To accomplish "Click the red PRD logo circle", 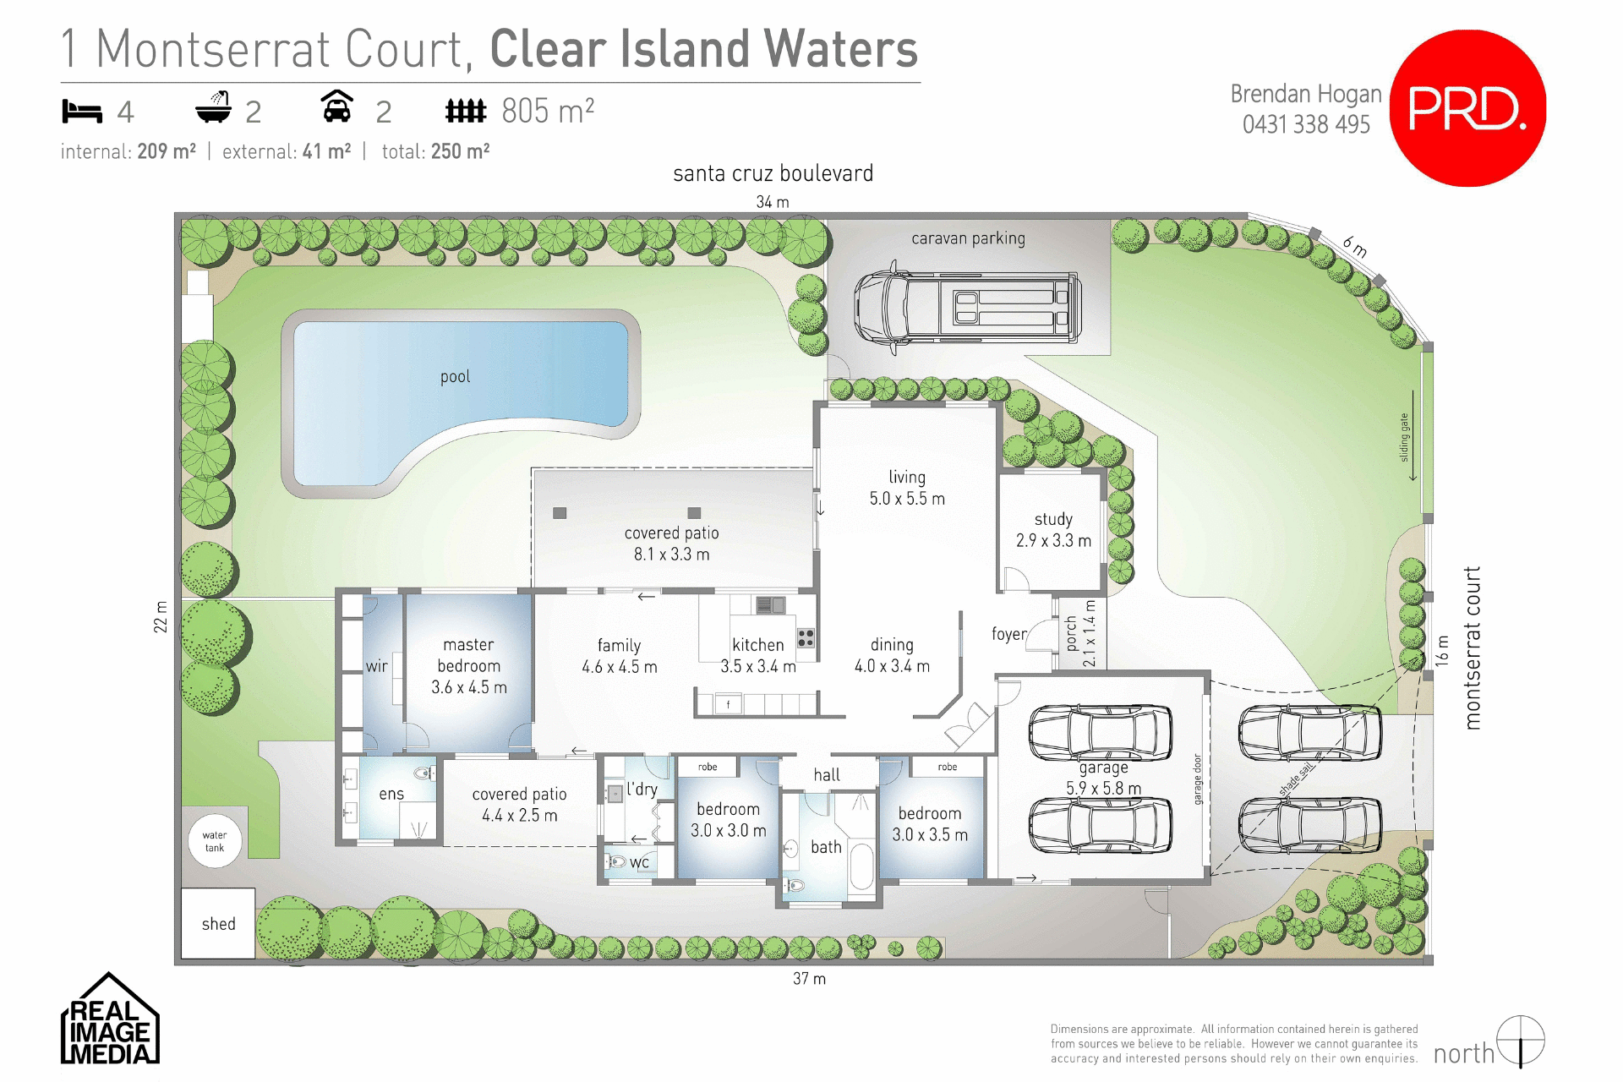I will (x=1467, y=108).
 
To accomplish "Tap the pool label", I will (x=455, y=377).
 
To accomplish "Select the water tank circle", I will (x=215, y=841).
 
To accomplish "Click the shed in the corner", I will (x=218, y=923).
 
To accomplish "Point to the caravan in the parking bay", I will (x=967, y=306).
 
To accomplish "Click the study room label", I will (x=1053, y=530).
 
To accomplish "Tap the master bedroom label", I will (x=469, y=665).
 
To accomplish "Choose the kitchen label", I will (x=758, y=645).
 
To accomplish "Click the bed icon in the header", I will (x=82, y=112).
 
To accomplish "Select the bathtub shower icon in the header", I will (x=214, y=108).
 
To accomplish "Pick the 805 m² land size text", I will (x=548, y=111).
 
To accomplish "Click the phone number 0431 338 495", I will (x=1306, y=125).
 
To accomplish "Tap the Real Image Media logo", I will (x=110, y=1021).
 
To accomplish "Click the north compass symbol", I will (x=1521, y=1041).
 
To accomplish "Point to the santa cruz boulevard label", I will (x=773, y=174).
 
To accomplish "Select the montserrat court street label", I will (x=1473, y=648).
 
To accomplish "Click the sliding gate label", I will (x=1405, y=437).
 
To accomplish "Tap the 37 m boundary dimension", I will (x=809, y=979).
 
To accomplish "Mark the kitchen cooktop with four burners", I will (x=806, y=637).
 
